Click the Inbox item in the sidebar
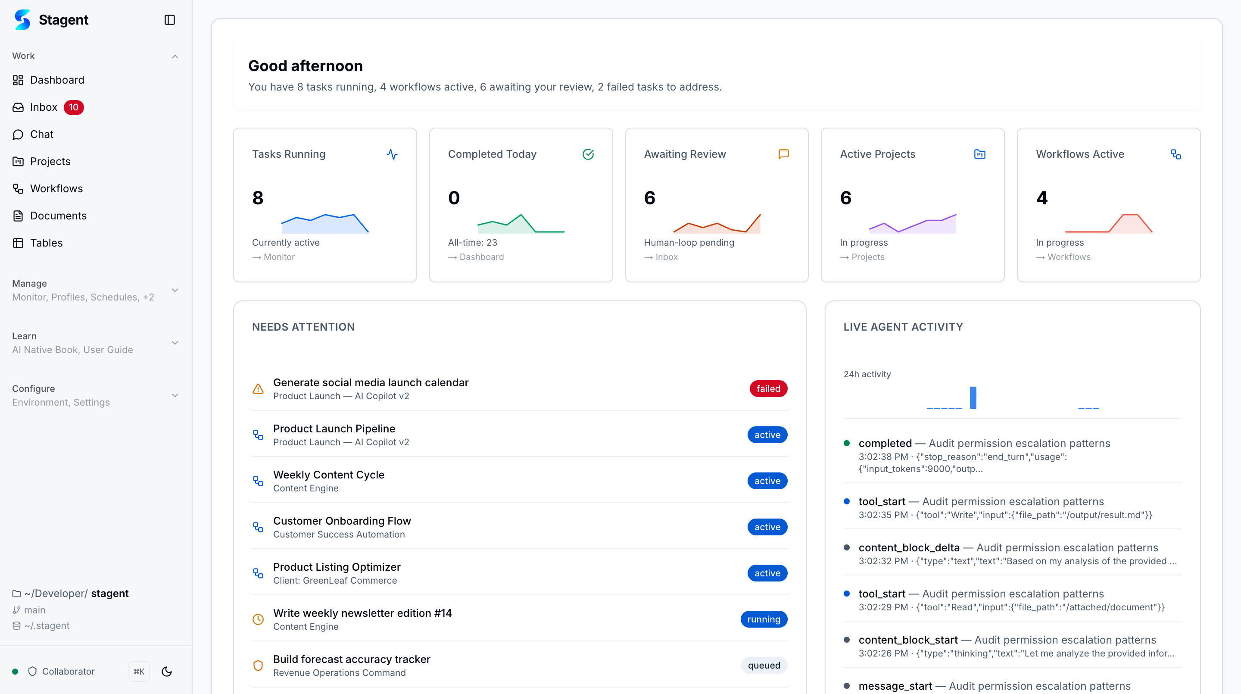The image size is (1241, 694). [44, 107]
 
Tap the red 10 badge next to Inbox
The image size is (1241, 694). [74, 107]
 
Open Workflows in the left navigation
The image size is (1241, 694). [56, 188]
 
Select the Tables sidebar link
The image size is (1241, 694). [46, 243]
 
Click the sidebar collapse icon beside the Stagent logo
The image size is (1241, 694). [170, 20]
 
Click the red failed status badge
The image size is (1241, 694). [768, 388]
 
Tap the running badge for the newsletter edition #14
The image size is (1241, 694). [764, 619]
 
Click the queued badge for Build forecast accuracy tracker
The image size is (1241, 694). [764, 666]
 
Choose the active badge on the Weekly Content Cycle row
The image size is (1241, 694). [767, 481]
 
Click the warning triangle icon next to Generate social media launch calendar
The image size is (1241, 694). [258, 389]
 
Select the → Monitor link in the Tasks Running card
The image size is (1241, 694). [274, 257]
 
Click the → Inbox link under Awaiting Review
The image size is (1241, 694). [661, 257]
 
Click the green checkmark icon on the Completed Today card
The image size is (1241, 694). [588, 154]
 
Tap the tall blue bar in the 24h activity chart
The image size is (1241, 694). [973, 397]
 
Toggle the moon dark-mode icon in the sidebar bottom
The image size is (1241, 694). [167, 671]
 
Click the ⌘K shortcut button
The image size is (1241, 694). [139, 671]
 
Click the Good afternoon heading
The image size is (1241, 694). [306, 66]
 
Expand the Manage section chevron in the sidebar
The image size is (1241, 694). [175, 290]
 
